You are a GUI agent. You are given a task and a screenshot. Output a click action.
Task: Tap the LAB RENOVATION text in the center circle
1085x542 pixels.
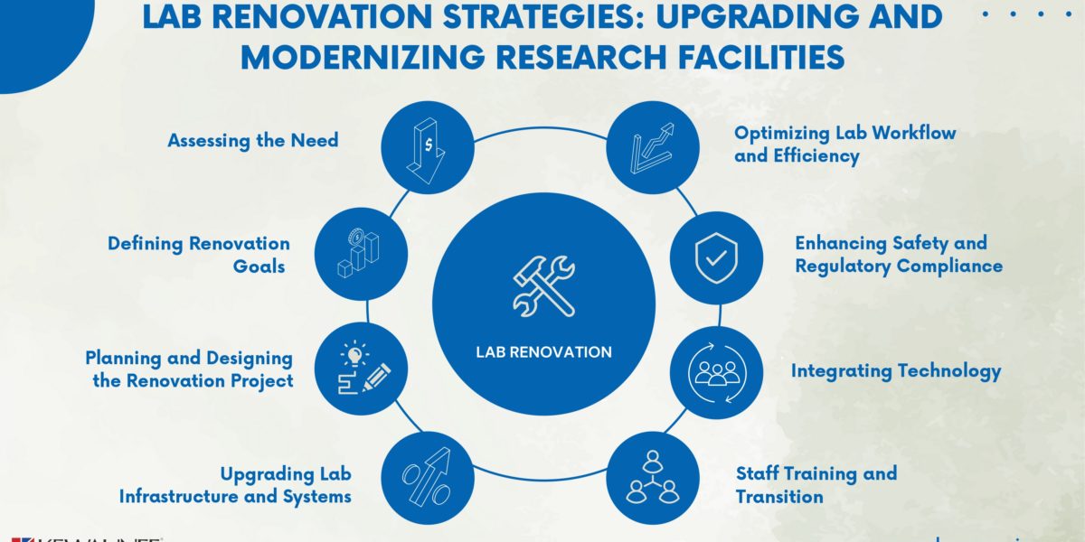point(543,352)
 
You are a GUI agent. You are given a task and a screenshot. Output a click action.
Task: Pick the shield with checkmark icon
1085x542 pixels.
point(715,258)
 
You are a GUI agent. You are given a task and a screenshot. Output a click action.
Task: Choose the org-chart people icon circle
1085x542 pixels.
point(653,480)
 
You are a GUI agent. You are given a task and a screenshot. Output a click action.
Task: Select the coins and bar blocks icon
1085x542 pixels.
point(360,255)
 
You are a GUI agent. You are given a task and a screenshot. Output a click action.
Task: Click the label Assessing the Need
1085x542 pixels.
point(253,140)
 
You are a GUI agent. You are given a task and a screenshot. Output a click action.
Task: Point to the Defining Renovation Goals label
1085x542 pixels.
point(199,255)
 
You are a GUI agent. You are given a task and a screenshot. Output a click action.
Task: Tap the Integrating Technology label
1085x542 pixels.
point(896,370)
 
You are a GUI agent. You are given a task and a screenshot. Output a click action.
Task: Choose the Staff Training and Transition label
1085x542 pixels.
point(816,485)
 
